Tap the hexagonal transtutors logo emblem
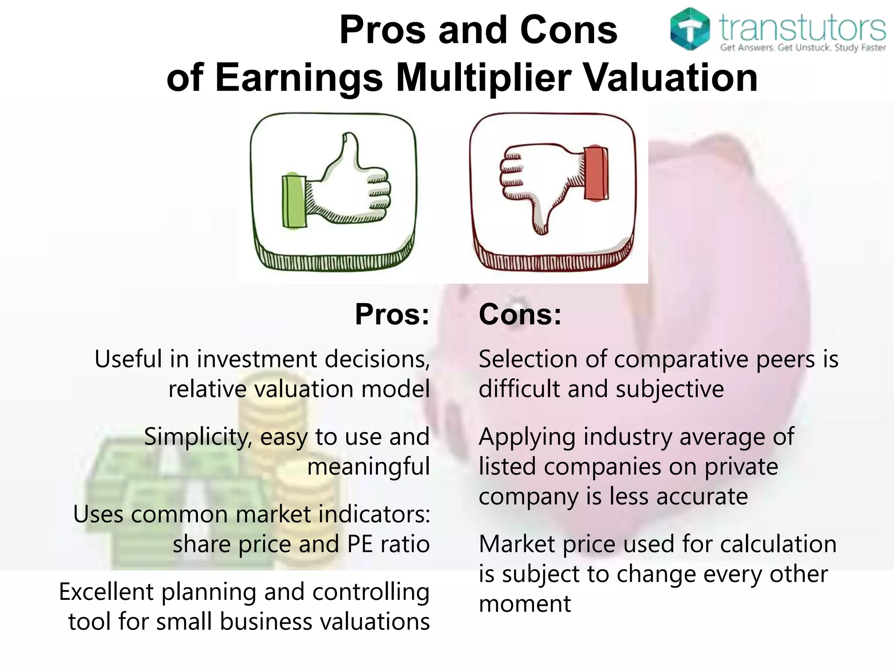click(x=690, y=29)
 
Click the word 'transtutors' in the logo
click(x=802, y=27)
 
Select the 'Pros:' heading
click(x=392, y=314)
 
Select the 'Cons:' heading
click(x=520, y=314)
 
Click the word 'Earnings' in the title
click(x=299, y=79)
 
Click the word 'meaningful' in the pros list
click(x=368, y=467)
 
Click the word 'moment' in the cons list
click(x=525, y=604)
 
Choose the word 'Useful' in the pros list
click(x=128, y=359)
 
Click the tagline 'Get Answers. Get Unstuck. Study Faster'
click(x=802, y=48)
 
